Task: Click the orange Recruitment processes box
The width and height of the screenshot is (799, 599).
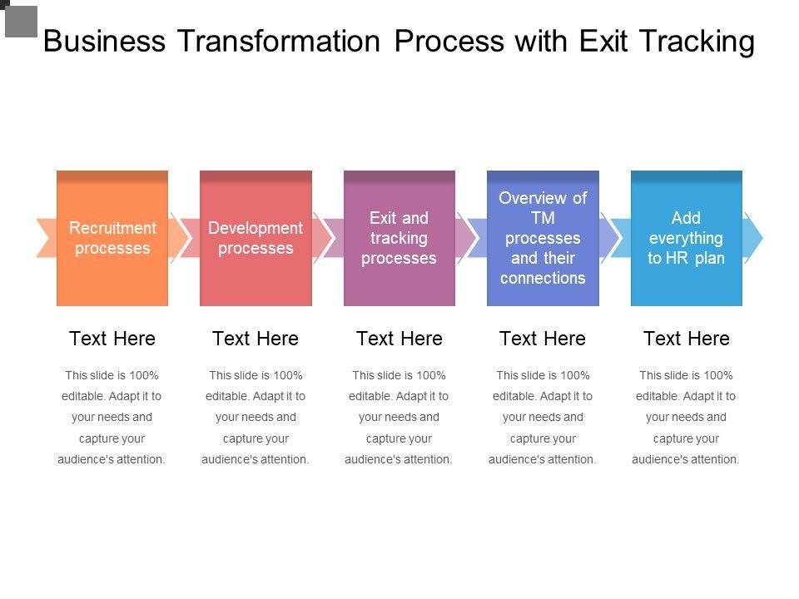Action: point(112,238)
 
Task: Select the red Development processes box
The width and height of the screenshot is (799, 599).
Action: point(256,238)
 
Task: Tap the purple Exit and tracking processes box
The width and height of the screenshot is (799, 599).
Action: point(399,238)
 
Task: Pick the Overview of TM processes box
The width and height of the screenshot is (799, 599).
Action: point(543,238)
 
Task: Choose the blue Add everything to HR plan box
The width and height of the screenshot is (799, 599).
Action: point(686,238)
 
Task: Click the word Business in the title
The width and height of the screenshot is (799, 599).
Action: point(103,41)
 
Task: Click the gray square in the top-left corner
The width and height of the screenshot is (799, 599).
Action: point(22,21)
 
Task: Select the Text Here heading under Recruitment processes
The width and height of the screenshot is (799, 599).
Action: point(112,339)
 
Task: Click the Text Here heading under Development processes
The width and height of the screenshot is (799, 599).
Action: point(256,339)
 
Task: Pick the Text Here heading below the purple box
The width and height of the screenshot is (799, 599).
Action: point(399,339)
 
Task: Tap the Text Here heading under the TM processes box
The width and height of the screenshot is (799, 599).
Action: point(543,339)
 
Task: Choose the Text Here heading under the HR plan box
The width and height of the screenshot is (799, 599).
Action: point(686,339)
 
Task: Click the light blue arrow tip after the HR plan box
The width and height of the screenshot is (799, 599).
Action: point(752,238)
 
